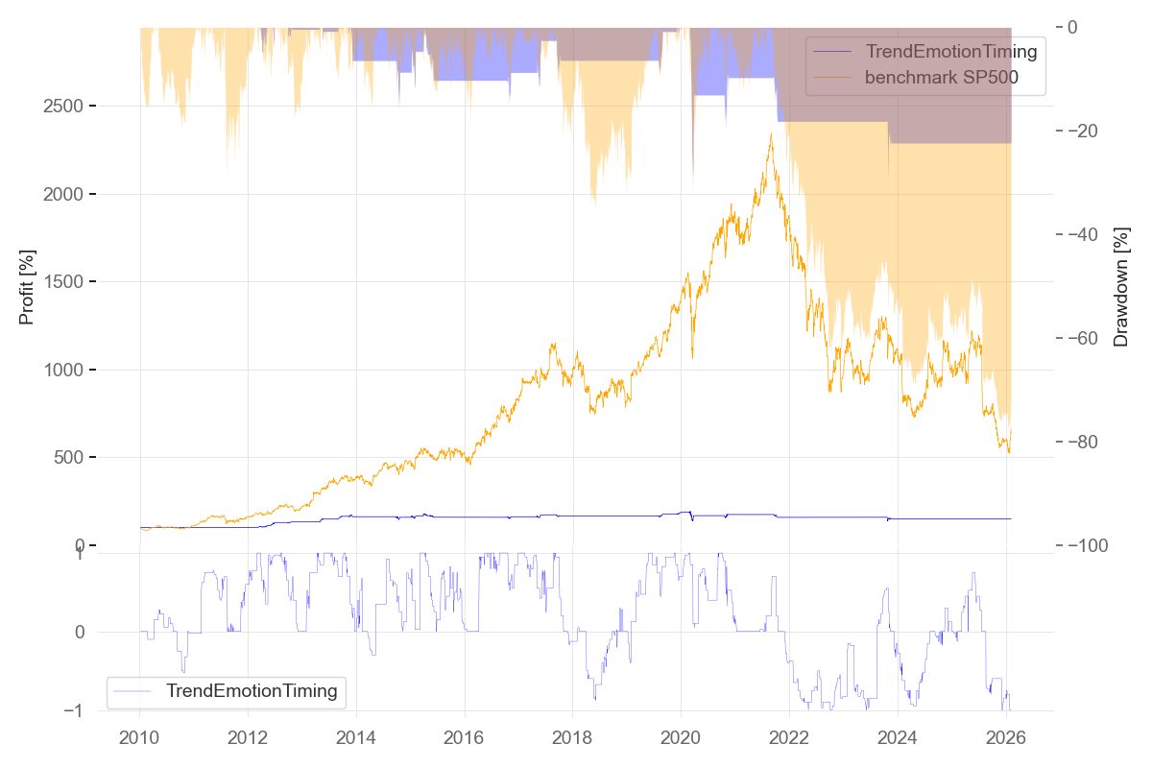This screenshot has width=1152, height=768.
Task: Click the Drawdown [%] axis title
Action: click(1120, 287)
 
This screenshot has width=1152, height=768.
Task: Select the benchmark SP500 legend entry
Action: click(941, 79)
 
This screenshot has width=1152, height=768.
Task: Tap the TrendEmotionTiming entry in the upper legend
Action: click(951, 51)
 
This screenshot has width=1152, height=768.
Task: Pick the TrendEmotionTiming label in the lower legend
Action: click(252, 690)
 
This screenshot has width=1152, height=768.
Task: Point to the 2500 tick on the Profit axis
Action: click(64, 106)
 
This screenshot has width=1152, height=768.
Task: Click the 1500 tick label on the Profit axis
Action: click(64, 281)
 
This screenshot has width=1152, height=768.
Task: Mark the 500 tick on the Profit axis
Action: click(69, 458)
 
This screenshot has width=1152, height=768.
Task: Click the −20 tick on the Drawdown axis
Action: click(1087, 131)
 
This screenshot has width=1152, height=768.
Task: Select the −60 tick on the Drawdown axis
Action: click(1087, 338)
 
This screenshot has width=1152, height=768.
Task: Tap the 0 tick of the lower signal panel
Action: click(81, 632)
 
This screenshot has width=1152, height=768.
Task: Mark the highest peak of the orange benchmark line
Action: click(771, 134)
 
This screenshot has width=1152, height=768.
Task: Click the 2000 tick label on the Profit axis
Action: click(64, 194)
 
